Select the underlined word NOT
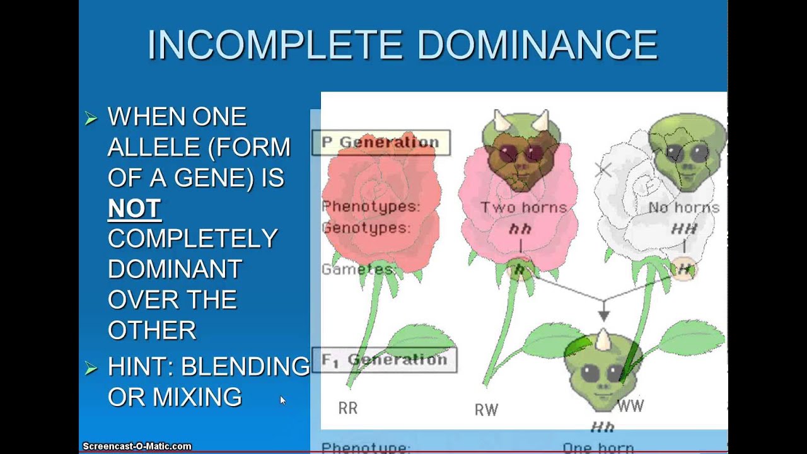coord(134,209)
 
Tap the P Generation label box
coord(381,143)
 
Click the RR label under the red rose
coord(348,409)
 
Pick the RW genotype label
coord(486,410)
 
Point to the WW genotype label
coord(630,405)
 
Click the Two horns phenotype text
coord(523,207)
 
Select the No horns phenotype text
coord(683,207)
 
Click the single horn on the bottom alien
coord(603,341)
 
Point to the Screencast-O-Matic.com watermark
coord(137,446)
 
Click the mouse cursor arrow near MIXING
coord(282,400)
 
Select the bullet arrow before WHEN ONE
coord(91,118)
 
